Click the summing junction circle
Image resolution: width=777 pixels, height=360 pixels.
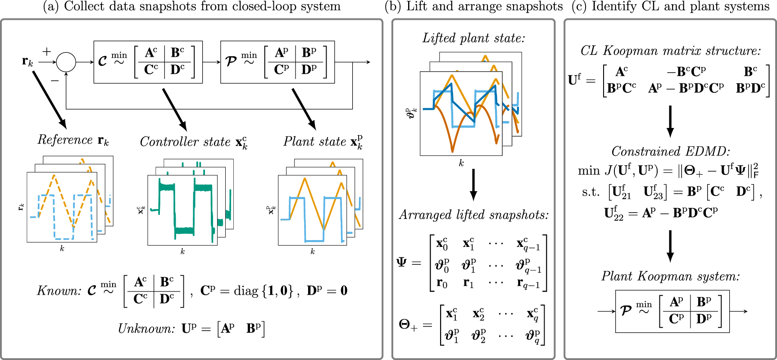pos(66,62)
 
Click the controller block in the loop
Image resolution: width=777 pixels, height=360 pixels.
pos(148,62)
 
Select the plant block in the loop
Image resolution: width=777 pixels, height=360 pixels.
pos(277,62)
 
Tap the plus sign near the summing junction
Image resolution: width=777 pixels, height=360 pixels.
pos(46,51)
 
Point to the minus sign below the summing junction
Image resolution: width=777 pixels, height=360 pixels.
pos(55,81)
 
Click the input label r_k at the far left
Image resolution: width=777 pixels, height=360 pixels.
pos(27,62)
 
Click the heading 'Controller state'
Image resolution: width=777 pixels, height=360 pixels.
pos(185,142)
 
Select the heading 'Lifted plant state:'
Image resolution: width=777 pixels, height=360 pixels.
pos(473,38)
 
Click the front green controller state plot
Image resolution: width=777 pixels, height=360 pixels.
pos(182,210)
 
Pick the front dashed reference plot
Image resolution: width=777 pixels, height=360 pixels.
pos(62,207)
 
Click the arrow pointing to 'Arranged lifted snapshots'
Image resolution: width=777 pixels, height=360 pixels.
pos(473,185)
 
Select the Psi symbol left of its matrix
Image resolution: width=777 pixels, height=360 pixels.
pos(401,262)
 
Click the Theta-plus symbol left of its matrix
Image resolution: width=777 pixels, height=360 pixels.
pos(408,324)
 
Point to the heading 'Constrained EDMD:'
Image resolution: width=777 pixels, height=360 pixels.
pos(670,151)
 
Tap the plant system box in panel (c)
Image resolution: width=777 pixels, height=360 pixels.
pos(672,311)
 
